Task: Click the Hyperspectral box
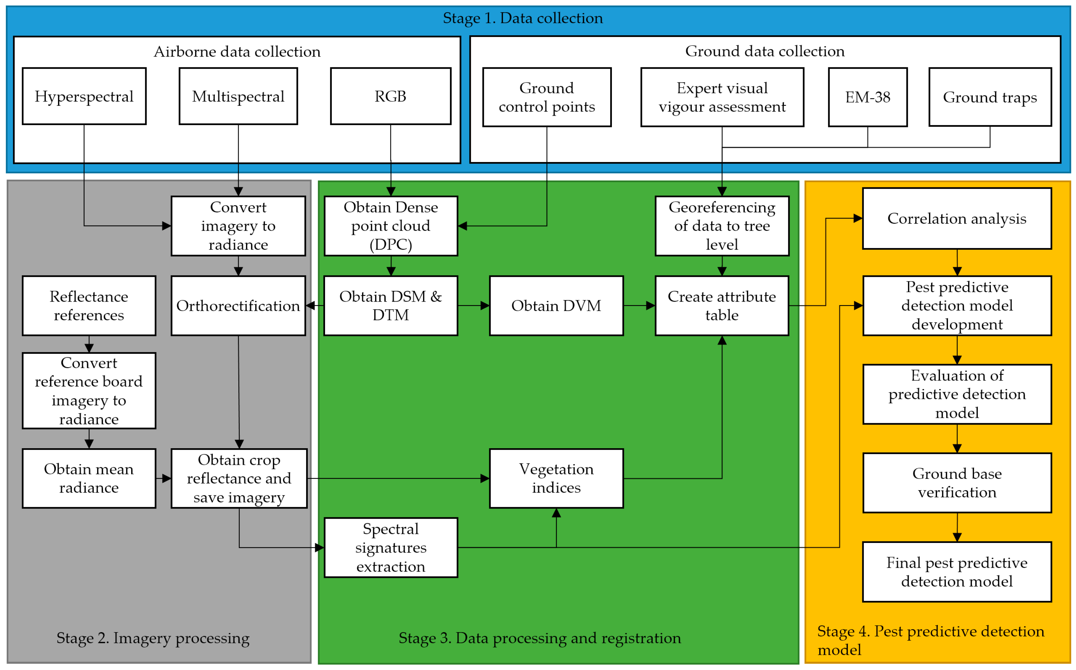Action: [84, 96]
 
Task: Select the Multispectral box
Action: [238, 96]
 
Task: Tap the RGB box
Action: [391, 96]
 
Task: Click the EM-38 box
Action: [868, 97]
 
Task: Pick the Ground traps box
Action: [990, 97]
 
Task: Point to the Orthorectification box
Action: [238, 306]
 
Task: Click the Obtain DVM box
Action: [556, 306]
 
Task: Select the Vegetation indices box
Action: [556, 478]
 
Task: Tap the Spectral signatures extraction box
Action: [391, 547]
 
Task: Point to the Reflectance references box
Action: [89, 306]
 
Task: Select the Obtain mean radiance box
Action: [89, 478]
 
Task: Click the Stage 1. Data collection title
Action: [523, 18]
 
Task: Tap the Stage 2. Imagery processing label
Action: [153, 638]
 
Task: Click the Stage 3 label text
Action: [540, 638]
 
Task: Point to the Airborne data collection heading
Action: [237, 52]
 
